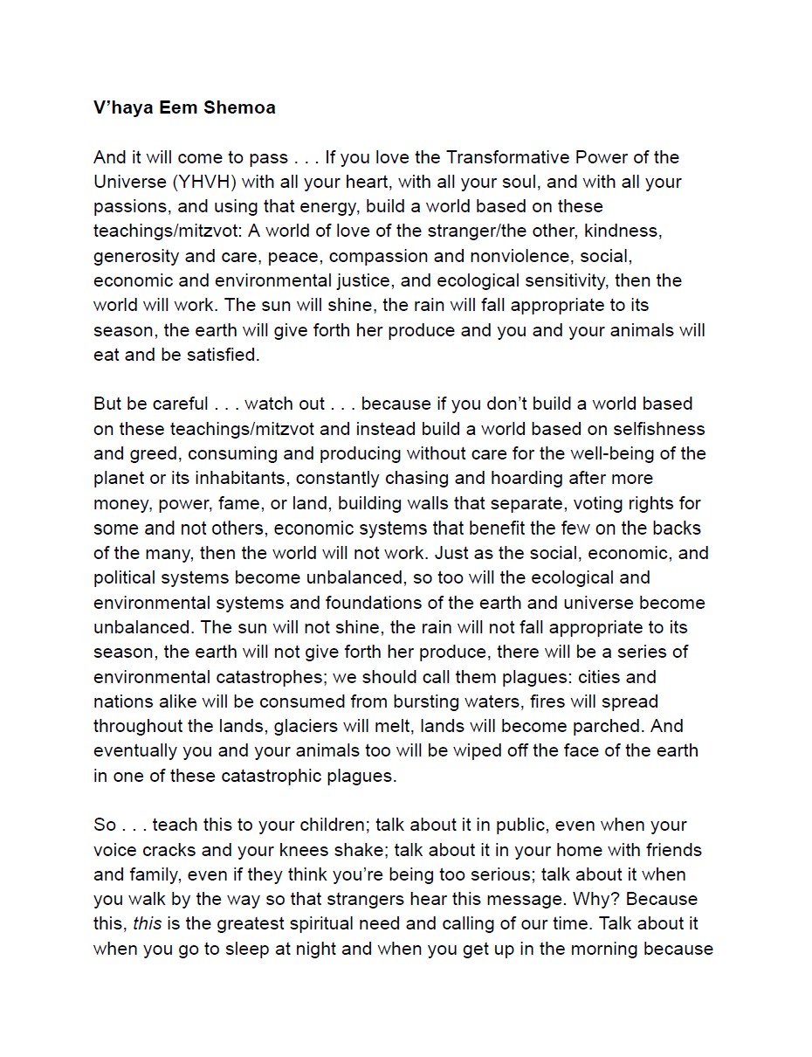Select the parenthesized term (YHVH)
203,182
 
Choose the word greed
154,453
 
